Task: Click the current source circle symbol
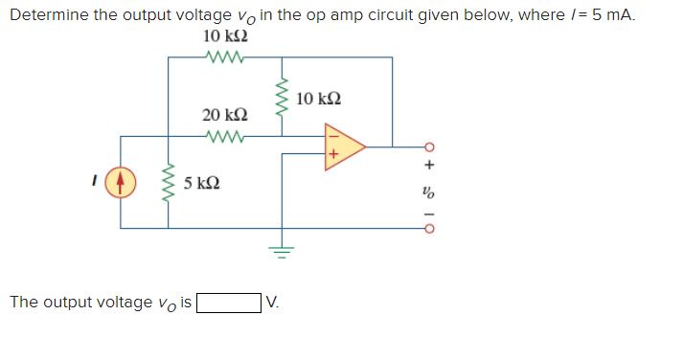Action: [x=121, y=182]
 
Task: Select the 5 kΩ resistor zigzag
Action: [x=169, y=182]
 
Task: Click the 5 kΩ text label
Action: [x=202, y=182]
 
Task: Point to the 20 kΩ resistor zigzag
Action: [x=225, y=135]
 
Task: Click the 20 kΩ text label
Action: [x=225, y=115]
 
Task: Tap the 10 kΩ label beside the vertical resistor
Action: [x=319, y=99]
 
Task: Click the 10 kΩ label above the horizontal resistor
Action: [x=227, y=35]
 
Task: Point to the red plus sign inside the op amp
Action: [x=334, y=155]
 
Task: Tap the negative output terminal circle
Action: [x=430, y=230]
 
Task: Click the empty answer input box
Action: [x=229, y=304]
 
